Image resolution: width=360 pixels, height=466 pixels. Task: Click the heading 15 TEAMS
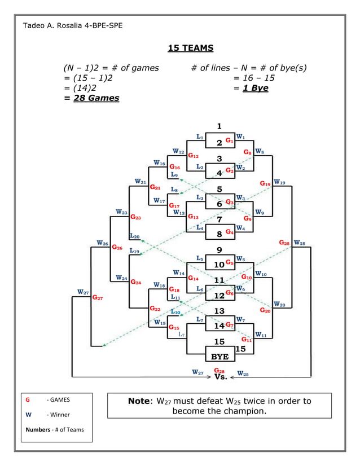tap(191, 49)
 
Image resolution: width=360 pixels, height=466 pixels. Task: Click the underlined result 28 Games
tap(96, 98)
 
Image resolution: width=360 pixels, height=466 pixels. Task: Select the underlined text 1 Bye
tap(255, 88)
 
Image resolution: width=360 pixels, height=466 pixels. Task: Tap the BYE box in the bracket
tap(219, 357)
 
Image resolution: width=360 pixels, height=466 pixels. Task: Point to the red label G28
tap(219, 371)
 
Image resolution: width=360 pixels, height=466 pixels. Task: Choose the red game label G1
tap(229, 140)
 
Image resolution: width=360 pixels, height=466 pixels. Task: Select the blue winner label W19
tap(280, 183)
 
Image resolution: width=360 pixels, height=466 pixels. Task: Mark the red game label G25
tap(285, 243)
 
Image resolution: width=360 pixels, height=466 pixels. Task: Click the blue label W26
tap(102, 243)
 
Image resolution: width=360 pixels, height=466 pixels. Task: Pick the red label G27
tap(97, 297)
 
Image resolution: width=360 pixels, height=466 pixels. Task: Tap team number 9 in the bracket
tap(219, 250)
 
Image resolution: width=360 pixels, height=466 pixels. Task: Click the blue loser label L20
tap(134, 236)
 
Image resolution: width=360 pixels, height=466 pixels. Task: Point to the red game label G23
tap(136, 217)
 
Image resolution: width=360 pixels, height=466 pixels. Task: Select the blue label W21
tap(141, 182)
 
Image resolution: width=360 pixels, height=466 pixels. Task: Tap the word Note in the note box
tap(138, 401)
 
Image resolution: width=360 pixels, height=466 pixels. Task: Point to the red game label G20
tap(265, 310)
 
